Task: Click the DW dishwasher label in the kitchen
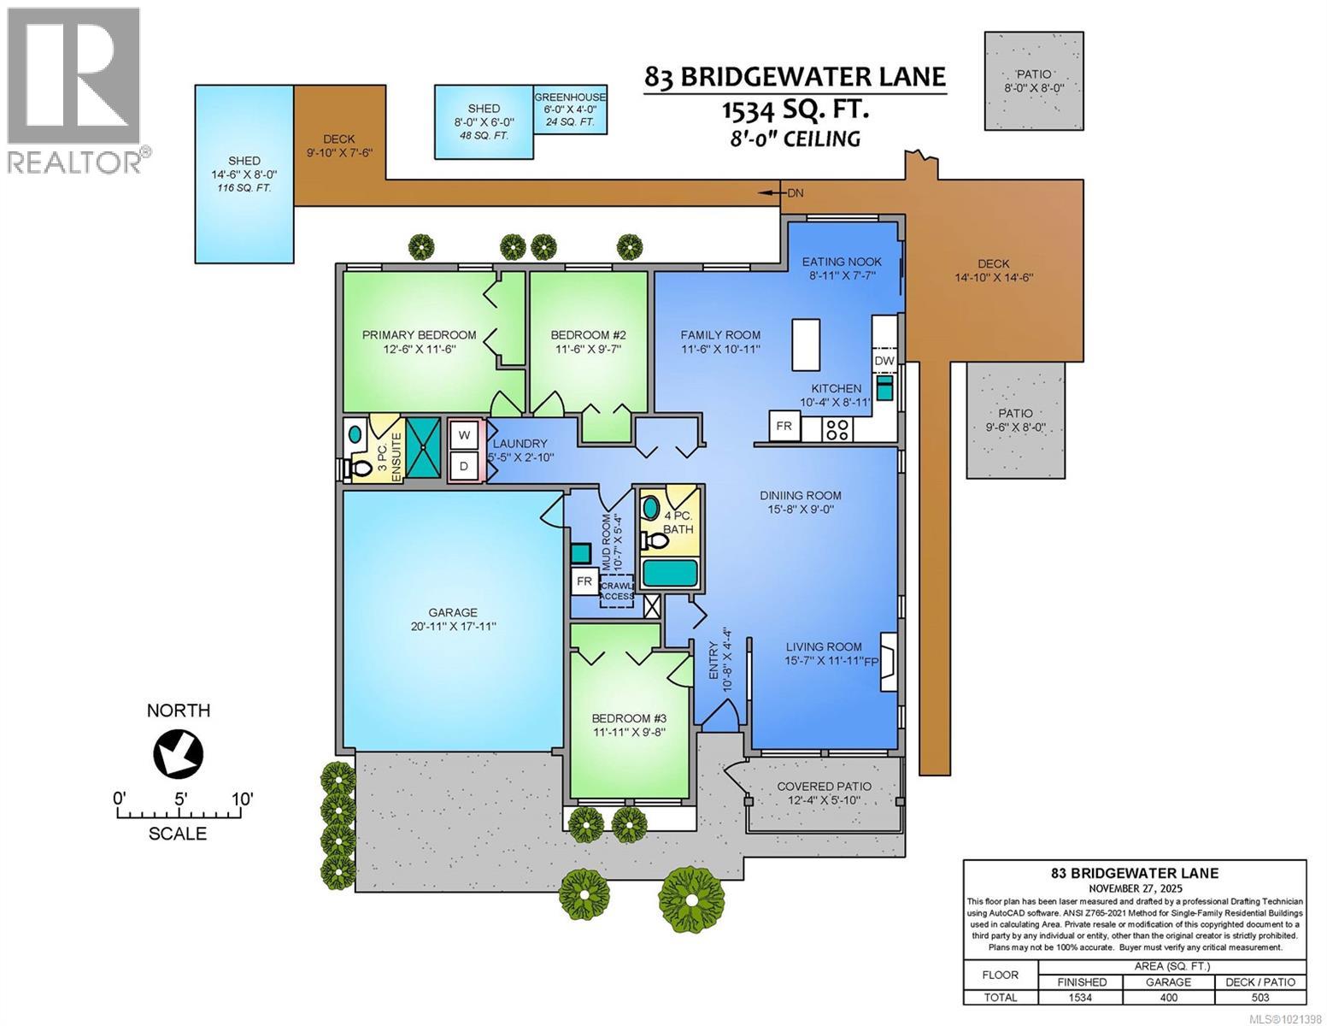pyautogui.click(x=884, y=361)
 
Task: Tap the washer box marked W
pyautogui.click(x=465, y=434)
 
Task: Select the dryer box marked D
pyautogui.click(x=465, y=466)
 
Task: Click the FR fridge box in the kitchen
pyautogui.click(x=784, y=426)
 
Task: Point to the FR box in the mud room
pyautogui.click(x=584, y=581)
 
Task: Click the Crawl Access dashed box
pyautogui.click(x=617, y=590)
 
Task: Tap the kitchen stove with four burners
pyautogui.click(x=836, y=429)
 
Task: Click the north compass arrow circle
pyautogui.click(x=179, y=753)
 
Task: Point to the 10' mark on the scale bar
pyautogui.click(x=243, y=799)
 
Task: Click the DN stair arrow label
pyautogui.click(x=795, y=193)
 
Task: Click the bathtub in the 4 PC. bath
pyautogui.click(x=670, y=573)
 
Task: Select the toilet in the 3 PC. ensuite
pyautogui.click(x=359, y=467)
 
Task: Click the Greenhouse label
pyautogui.click(x=570, y=97)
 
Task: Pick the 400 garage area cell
pyautogui.click(x=1168, y=997)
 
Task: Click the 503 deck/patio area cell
pyautogui.click(x=1260, y=997)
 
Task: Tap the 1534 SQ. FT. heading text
pyautogui.click(x=795, y=109)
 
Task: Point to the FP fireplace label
pyautogui.click(x=871, y=661)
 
